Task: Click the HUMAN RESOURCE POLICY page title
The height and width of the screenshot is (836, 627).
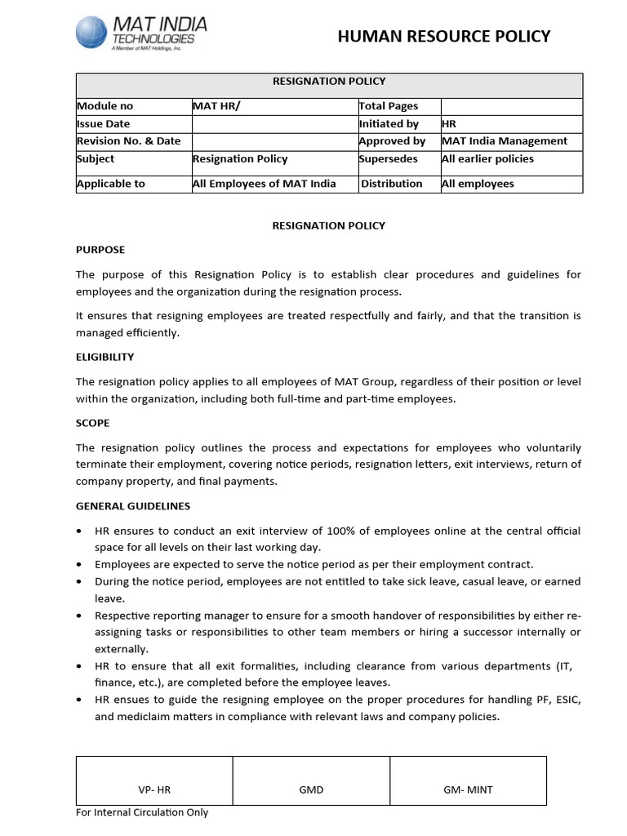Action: coord(444,36)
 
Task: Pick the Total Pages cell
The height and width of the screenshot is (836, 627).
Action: coord(388,106)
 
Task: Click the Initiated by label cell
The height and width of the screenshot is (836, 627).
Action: coord(389,124)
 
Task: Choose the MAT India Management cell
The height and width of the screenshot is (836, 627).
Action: coord(504,141)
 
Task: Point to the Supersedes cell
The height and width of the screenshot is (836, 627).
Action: coord(388,159)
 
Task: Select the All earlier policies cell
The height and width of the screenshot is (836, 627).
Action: coord(487,159)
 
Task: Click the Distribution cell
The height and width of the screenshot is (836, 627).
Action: coord(392,184)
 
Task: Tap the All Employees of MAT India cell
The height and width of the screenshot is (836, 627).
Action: coord(264,184)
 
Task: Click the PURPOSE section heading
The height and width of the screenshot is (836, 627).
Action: coord(100,250)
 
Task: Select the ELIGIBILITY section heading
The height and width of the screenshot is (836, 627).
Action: coord(104,357)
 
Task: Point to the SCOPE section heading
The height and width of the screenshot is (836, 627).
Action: coord(92,424)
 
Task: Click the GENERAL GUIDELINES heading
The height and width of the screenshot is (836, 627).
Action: coord(133,506)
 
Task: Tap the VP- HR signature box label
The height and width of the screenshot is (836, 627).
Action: coord(154,789)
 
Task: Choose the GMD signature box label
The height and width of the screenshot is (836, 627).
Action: coord(311,789)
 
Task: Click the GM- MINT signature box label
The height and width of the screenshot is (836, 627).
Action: coord(468,789)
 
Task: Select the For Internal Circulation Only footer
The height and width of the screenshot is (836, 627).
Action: coord(142,812)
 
